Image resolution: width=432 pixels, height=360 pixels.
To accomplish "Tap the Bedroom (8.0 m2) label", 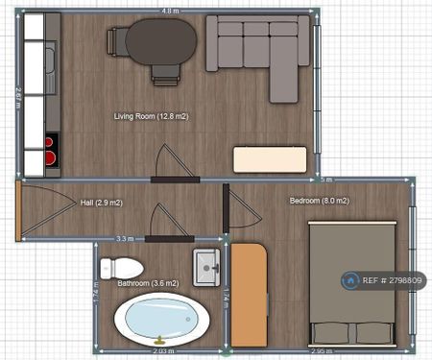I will click(319, 201).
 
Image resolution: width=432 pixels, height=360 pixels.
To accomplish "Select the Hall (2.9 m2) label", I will click(101, 204).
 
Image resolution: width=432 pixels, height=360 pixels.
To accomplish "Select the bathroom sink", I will click(204, 266).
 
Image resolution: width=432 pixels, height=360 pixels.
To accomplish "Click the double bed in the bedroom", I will click(351, 283).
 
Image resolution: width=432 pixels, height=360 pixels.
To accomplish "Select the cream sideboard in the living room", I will click(271, 159).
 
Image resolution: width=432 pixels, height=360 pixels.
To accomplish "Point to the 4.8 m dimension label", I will click(168, 11).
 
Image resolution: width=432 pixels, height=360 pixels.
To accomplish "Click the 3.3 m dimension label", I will click(124, 238).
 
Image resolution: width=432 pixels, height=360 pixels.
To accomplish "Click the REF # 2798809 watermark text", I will click(387, 281).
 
